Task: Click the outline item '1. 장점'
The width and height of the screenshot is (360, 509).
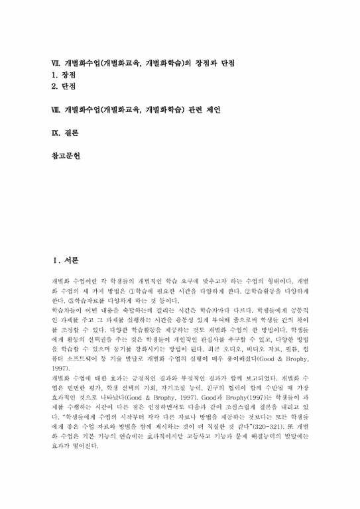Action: pyautogui.click(x=65, y=76)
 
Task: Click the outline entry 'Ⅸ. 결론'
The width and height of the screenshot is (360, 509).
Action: pyautogui.click(x=66, y=133)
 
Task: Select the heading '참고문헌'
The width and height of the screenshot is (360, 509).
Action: pyautogui.click(x=66, y=157)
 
